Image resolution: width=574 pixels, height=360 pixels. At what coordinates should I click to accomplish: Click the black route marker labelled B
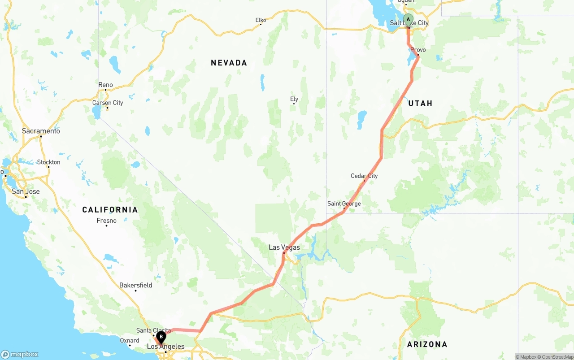click(161, 337)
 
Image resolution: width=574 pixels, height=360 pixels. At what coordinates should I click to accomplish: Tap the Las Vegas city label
click(284, 247)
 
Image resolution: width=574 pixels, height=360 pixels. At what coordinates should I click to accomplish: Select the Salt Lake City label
click(409, 23)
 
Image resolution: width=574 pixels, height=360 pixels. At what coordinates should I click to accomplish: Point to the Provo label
click(418, 50)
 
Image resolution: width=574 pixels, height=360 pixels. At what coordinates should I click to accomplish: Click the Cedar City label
click(364, 176)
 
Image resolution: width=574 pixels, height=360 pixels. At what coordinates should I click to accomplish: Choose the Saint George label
click(344, 204)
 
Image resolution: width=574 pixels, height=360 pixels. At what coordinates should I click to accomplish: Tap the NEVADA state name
click(229, 63)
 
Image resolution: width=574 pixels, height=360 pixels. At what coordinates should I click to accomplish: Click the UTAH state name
click(420, 104)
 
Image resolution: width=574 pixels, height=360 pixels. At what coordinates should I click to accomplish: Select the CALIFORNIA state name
click(110, 210)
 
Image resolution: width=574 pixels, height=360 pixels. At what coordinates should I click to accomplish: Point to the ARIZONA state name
click(427, 344)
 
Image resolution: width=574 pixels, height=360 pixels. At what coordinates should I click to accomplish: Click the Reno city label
click(105, 85)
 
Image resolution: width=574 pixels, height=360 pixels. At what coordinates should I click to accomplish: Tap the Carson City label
click(108, 103)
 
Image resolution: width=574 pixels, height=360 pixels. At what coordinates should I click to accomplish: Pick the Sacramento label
click(41, 131)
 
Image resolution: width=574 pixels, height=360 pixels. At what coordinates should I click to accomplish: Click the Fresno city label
click(106, 221)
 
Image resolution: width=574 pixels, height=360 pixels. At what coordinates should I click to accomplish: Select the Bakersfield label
click(135, 285)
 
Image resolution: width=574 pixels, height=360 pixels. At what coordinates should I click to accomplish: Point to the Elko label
click(261, 20)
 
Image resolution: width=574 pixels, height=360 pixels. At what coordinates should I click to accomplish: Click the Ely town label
click(294, 99)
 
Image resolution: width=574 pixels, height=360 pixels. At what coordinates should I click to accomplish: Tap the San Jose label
click(26, 191)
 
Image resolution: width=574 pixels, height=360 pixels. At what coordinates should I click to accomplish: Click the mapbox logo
click(20, 354)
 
